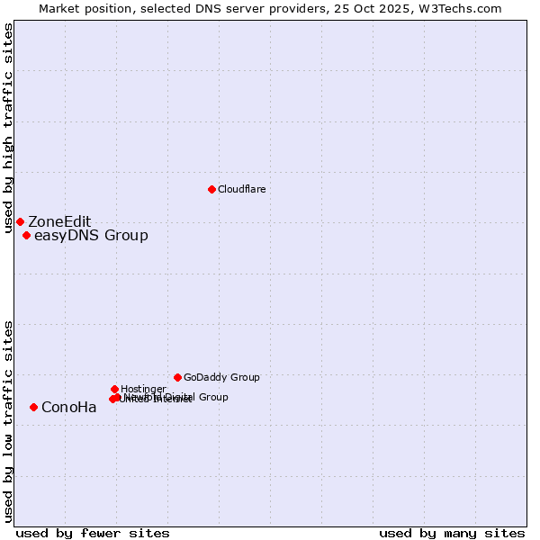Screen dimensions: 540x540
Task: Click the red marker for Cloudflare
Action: pos(211,189)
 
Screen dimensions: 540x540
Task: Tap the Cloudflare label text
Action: pos(241,189)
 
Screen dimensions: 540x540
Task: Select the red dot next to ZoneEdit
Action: pos(20,221)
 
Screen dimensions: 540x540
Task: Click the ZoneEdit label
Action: pos(59,222)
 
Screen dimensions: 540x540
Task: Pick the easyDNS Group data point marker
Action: pos(26,236)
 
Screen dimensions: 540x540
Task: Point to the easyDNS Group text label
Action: pos(91,236)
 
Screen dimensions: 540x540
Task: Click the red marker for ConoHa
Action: pos(33,407)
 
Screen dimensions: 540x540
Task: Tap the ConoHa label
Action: pos(69,408)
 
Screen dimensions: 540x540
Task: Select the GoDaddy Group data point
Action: pos(177,377)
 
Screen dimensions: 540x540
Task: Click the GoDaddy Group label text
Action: pos(221,377)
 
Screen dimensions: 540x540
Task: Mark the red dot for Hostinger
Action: pos(114,389)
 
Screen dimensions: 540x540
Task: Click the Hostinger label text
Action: pos(143,389)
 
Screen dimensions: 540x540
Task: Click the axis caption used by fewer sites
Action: pos(93,533)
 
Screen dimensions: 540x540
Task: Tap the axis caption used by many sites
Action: pos(452,533)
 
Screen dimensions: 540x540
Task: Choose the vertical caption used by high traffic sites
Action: pos(8,129)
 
